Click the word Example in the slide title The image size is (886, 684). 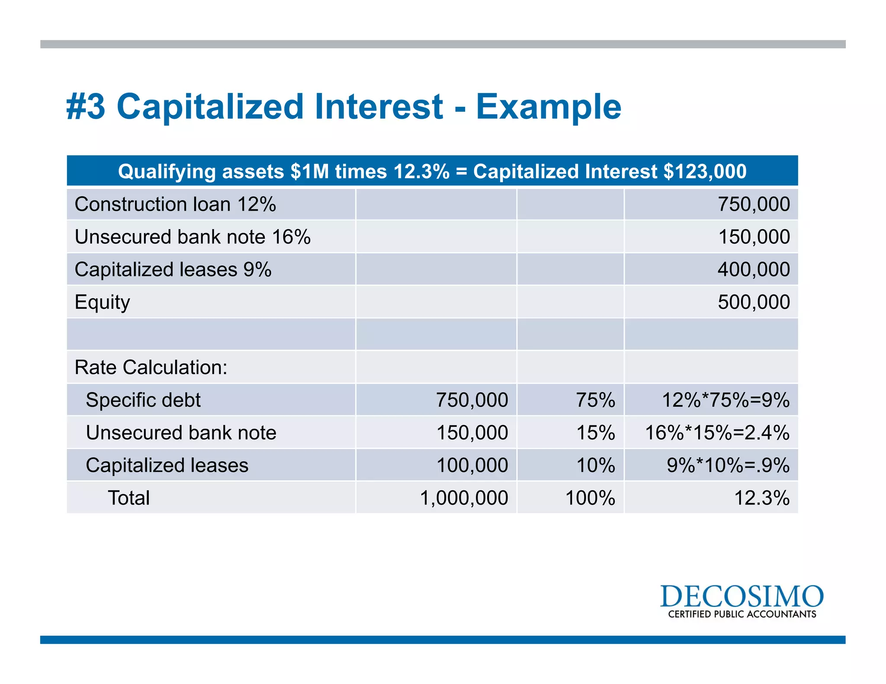point(548,107)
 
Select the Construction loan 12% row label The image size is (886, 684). point(175,204)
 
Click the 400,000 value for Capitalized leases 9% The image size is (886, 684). point(753,269)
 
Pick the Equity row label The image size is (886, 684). point(102,302)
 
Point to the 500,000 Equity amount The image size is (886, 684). point(753,302)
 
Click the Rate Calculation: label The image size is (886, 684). point(151,368)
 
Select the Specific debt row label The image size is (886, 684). point(143,400)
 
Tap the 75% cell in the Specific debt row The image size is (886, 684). point(595,400)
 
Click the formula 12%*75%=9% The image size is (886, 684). point(725,400)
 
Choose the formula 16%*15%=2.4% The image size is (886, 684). point(717,433)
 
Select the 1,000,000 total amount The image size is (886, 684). point(464,498)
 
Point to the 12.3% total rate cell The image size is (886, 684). point(761,498)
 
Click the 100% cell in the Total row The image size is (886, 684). point(590,498)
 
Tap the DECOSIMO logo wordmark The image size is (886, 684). point(742,596)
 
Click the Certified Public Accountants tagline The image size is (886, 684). point(742,614)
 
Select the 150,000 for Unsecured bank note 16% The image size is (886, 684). point(753,237)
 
